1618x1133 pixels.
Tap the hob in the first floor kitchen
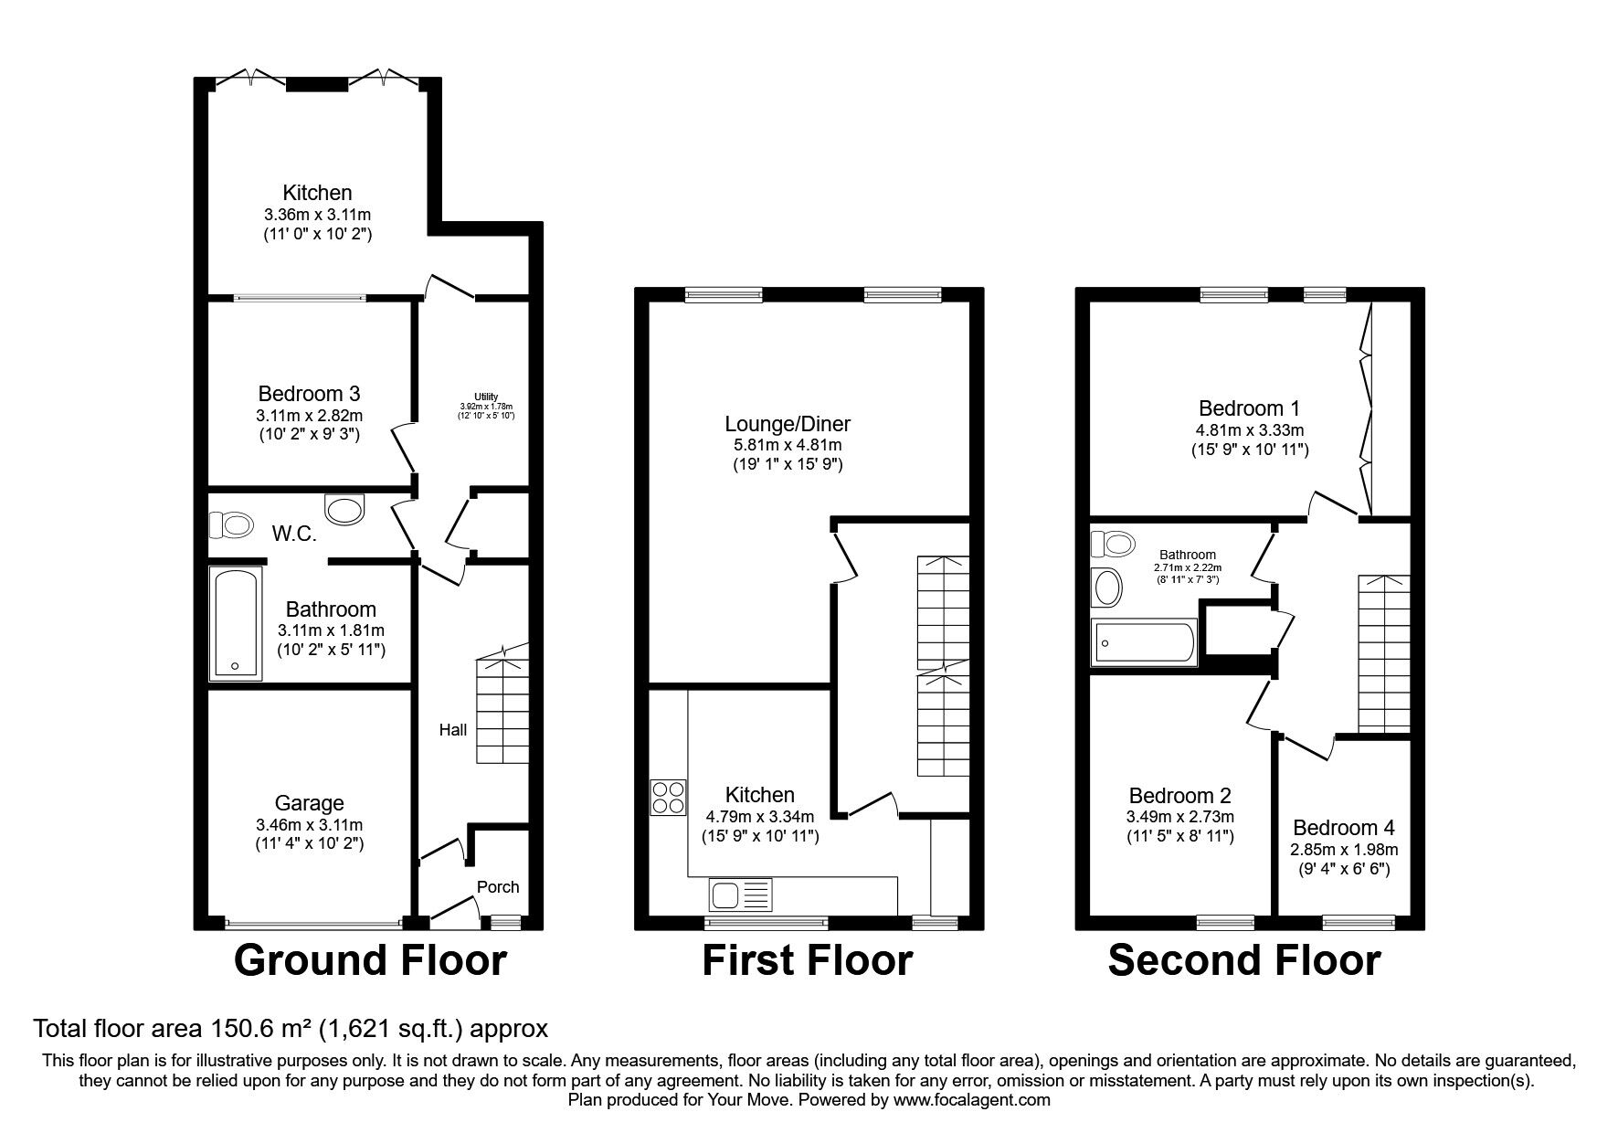click(668, 797)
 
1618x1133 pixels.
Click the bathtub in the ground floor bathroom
click(236, 624)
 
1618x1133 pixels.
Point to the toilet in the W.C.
click(231, 524)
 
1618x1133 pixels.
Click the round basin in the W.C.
click(344, 509)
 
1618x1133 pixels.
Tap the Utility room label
click(486, 397)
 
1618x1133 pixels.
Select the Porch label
click(498, 886)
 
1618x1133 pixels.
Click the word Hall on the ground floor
click(453, 729)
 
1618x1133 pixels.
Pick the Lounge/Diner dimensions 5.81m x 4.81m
click(787, 445)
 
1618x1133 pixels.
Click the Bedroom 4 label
click(1344, 828)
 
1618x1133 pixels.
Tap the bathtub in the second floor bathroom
click(1144, 641)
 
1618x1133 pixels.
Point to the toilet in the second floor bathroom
click(1112, 544)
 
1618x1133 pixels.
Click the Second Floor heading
click(1243, 961)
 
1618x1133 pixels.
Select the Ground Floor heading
click(370, 961)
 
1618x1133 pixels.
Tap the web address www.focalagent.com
click(972, 1100)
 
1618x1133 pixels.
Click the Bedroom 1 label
click(1249, 408)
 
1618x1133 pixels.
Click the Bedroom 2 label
click(1179, 795)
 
